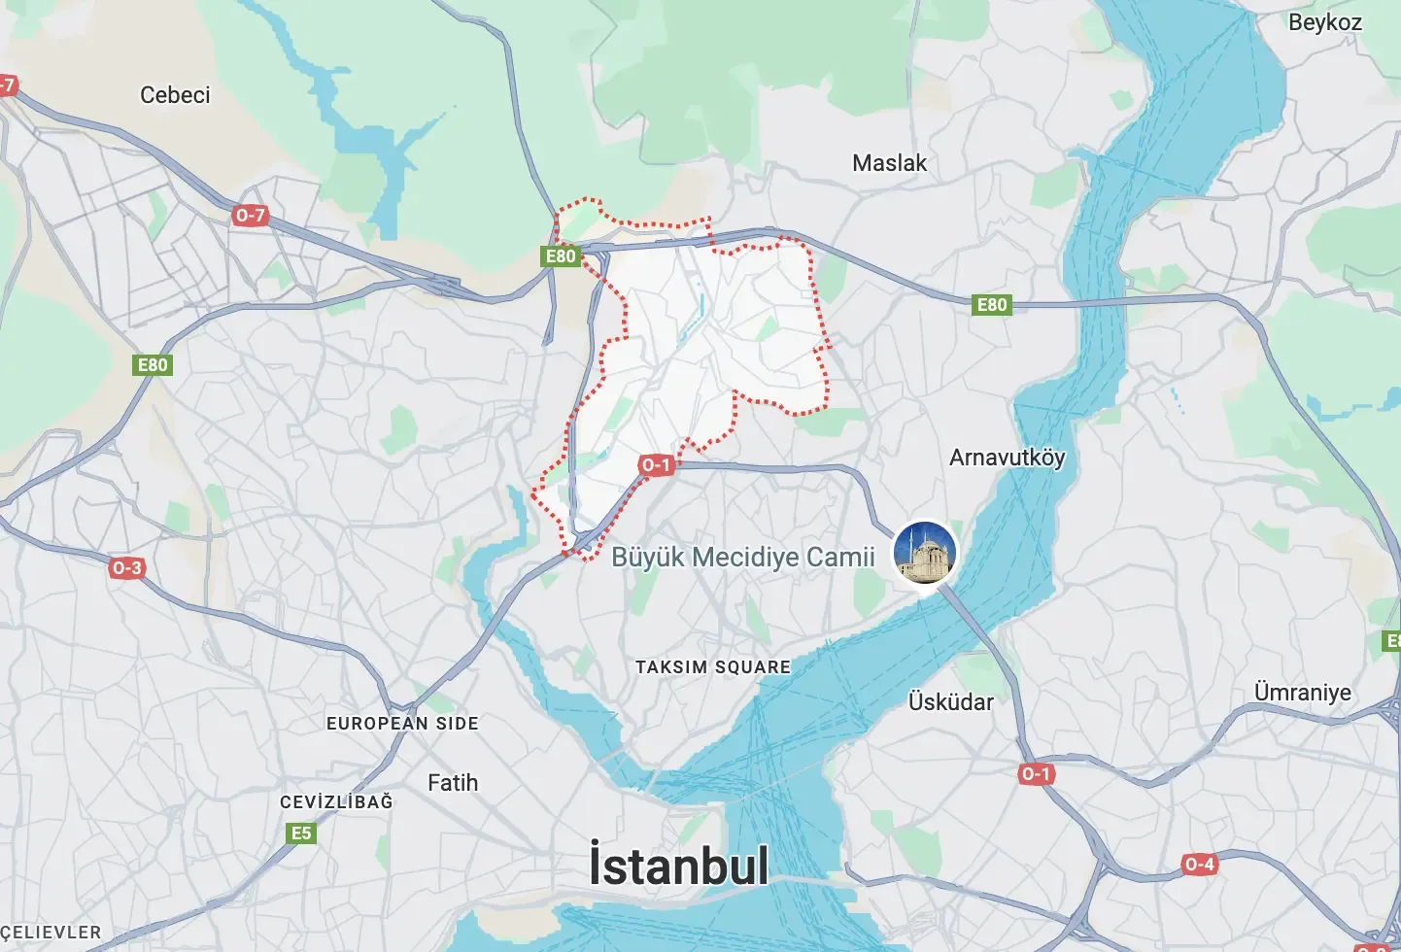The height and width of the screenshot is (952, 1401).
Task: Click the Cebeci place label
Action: tap(175, 95)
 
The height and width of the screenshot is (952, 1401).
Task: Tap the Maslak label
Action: tap(889, 163)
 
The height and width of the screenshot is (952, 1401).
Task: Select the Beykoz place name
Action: tap(1324, 22)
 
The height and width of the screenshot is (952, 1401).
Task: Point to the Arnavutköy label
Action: tap(1007, 458)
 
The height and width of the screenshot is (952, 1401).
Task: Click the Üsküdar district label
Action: tap(950, 702)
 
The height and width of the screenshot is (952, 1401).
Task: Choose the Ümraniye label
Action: tap(1302, 693)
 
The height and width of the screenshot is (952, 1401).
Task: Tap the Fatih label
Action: tap(453, 783)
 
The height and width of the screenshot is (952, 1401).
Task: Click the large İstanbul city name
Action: tap(678, 867)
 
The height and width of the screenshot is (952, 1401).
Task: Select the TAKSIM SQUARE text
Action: tap(712, 667)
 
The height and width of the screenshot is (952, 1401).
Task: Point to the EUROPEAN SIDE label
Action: tap(402, 724)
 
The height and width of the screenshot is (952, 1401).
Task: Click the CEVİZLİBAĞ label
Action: tap(336, 802)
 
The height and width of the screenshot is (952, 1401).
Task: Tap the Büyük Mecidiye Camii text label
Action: tap(742, 558)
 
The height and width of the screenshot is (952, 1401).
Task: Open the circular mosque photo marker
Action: tap(925, 553)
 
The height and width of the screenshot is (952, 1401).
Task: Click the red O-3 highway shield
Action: tap(126, 568)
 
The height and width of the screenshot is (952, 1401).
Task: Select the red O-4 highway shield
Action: tap(1199, 865)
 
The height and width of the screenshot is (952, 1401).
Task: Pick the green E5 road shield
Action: tap(301, 833)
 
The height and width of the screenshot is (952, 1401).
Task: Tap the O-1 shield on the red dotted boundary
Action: tap(656, 465)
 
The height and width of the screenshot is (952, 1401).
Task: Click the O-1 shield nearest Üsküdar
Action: tap(1036, 774)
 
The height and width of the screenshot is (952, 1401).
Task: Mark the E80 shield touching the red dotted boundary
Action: tap(561, 256)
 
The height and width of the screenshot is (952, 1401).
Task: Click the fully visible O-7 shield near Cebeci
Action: tap(250, 216)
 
